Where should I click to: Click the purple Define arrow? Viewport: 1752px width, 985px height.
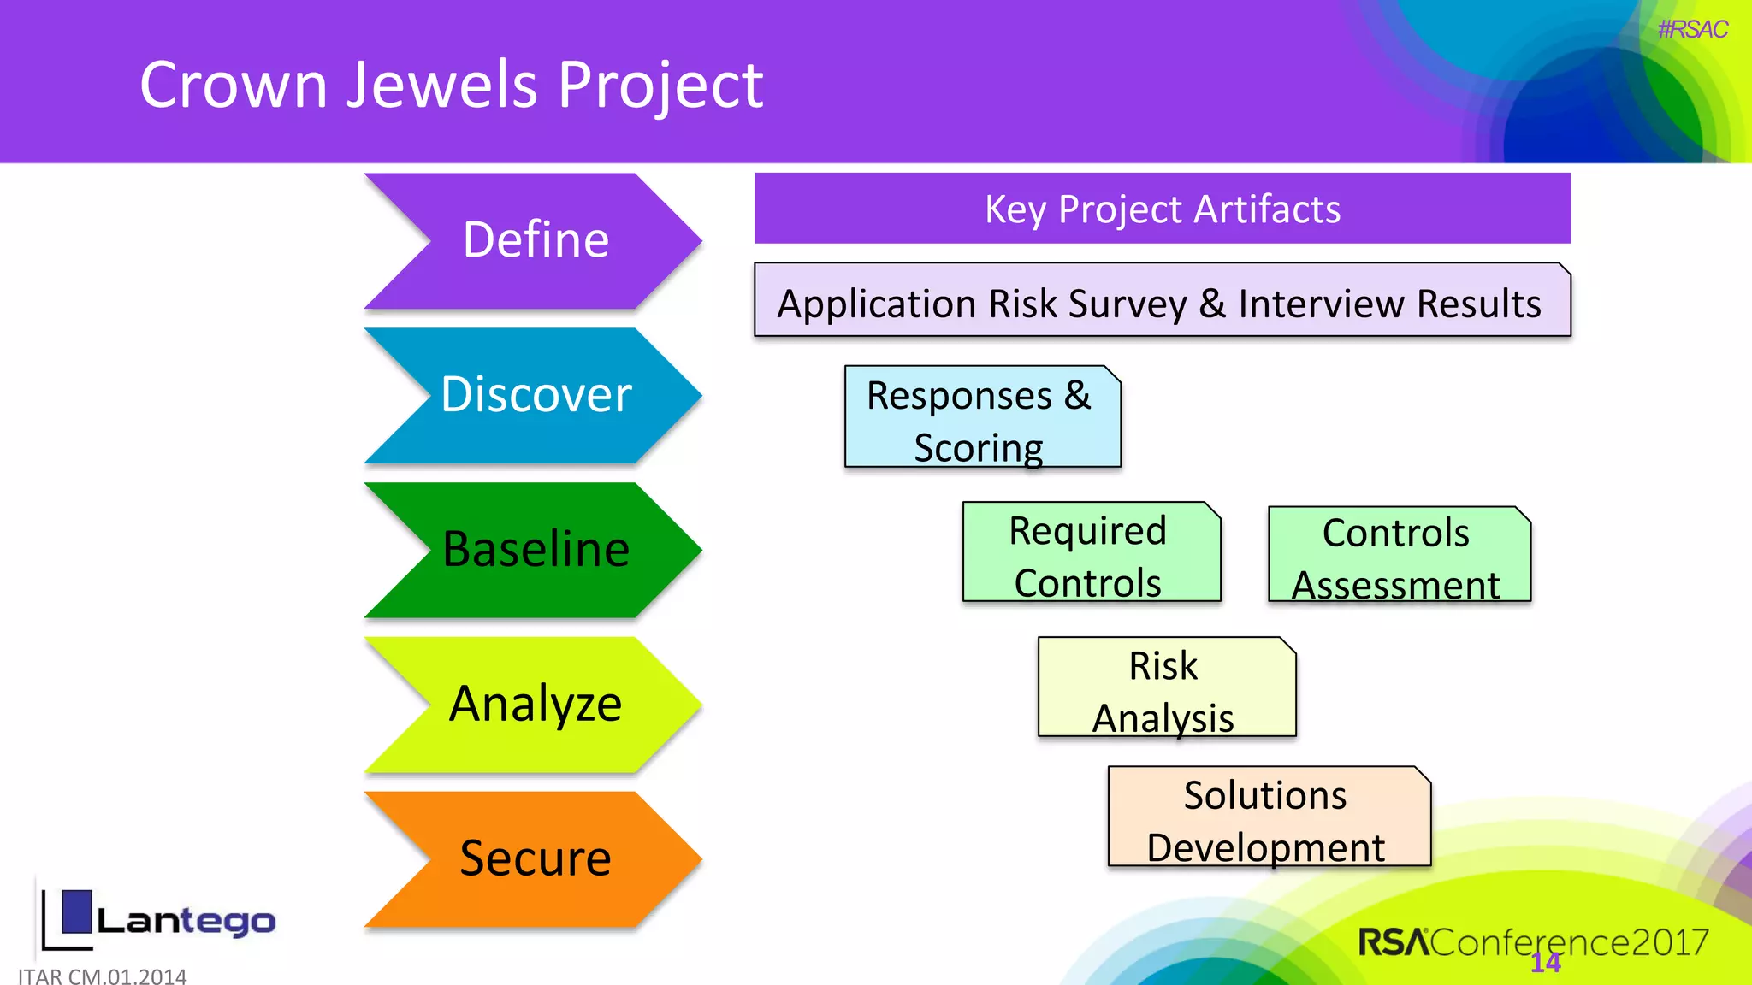coord(535,240)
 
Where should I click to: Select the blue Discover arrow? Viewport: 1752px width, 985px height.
coord(535,395)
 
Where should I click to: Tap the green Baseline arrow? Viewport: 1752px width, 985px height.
coord(535,549)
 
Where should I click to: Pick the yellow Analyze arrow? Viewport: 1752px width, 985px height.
coord(535,705)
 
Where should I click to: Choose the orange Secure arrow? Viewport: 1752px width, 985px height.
coord(535,858)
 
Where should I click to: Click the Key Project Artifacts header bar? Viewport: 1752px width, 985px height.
coord(1162,209)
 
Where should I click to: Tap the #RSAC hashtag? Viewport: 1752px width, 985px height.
coord(1692,30)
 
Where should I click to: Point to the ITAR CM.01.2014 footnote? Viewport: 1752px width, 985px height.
coord(102,976)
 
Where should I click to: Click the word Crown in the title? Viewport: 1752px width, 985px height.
coord(234,86)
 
